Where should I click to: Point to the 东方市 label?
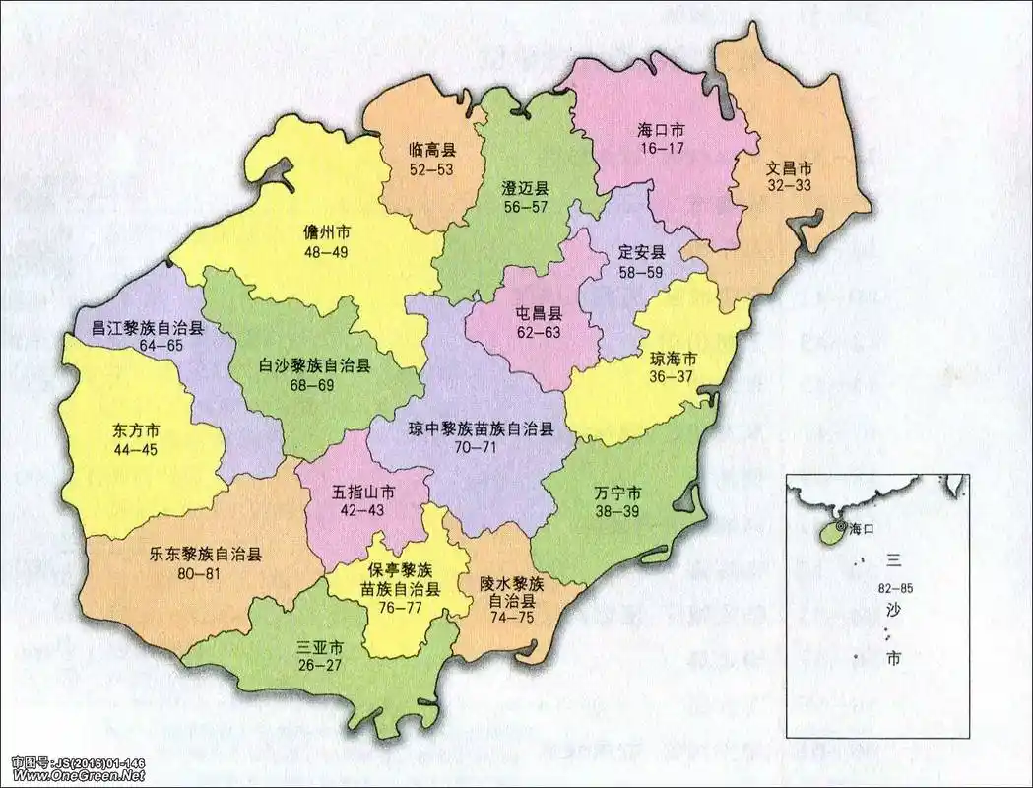point(136,431)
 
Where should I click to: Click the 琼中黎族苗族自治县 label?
point(482,429)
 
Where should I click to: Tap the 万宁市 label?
point(618,492)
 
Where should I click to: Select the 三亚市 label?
point(320,648)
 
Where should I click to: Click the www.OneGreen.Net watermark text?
point(78,776)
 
